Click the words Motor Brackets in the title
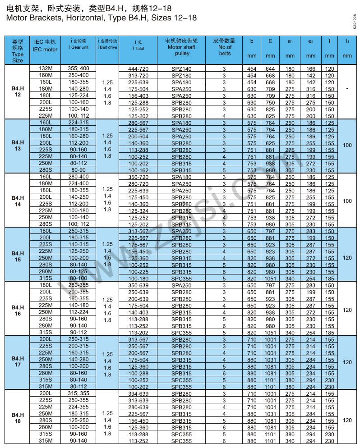tap(29, 18)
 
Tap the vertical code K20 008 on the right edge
tap(354, 21)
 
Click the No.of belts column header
tap(225, 47)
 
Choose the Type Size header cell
tap(18, 50)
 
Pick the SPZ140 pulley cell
tap(182, 69)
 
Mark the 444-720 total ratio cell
tap(138, 69)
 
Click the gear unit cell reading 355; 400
tap(78, 68)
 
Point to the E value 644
tap(270, 69)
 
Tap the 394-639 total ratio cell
tap(138, 393)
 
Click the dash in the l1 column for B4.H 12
tap(347, 89)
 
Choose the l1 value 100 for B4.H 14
tap(347, 201)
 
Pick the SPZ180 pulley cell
tap(182, 75)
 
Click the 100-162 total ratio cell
tap(138, 170)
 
